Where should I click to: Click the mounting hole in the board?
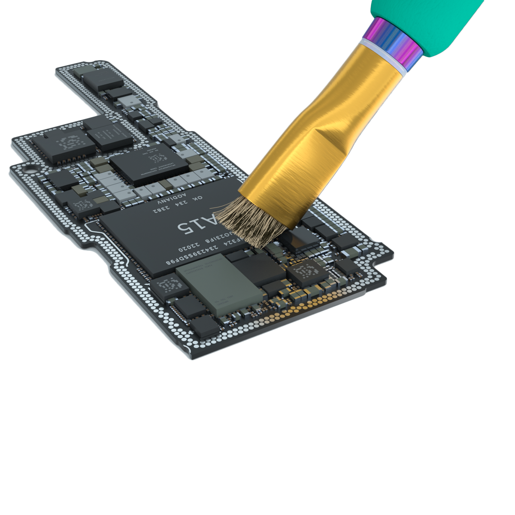pyautogui.click(x=30, y=169)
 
